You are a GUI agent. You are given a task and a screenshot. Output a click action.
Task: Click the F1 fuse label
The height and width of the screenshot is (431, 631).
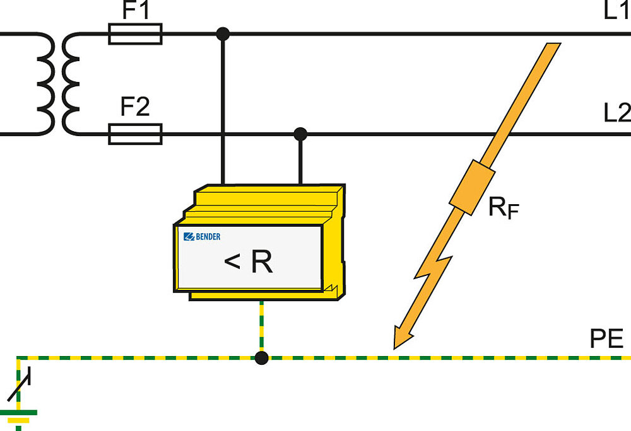tap(134, 11)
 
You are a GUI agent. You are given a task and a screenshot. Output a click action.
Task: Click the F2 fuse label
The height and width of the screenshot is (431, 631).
tap(134, 108)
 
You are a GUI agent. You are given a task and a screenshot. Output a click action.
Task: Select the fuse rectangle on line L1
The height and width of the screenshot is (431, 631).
tap(135, 33)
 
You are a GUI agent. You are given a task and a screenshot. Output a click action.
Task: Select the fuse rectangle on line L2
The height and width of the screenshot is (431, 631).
tap(135, 134)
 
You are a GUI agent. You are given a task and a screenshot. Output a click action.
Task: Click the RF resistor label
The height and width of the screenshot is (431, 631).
tap(503, 207)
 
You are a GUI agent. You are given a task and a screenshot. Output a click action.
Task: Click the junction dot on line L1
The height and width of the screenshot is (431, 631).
tap(222, 33)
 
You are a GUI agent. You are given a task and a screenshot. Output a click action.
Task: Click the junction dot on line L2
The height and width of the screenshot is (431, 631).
tap(300, 134)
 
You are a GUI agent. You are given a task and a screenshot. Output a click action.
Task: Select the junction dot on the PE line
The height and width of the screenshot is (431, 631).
tap(261, 358)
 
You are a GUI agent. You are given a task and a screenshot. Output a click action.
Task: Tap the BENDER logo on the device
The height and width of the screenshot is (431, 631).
tap(202, 237)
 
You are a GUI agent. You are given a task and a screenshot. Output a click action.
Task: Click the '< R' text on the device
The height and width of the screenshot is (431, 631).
tap(249, 262)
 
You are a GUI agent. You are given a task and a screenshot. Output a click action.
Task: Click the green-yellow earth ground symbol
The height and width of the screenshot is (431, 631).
tap(18, 416)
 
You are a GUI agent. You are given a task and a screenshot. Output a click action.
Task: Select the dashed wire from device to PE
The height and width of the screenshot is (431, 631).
tap(261, 328)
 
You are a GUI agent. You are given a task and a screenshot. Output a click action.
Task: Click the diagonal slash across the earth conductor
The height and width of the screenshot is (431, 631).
tap(18, 386)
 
